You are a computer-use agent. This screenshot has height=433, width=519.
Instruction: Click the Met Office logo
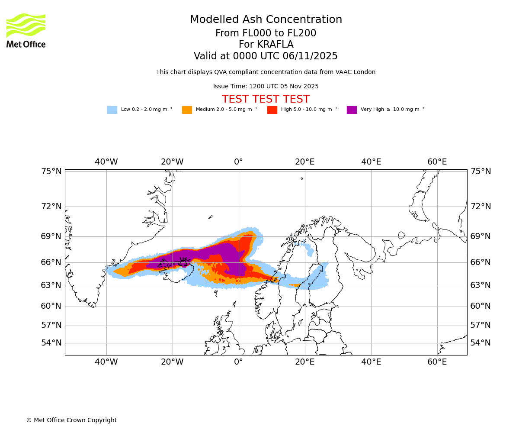click(26, 30)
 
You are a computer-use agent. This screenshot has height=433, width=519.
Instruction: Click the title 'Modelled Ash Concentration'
click(266, 20)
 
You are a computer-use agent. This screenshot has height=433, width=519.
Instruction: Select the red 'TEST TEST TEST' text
click(266, 99)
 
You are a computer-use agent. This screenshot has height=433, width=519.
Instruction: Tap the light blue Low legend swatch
click(112, 110)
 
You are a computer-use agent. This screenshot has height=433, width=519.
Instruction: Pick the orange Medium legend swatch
click(187, 110)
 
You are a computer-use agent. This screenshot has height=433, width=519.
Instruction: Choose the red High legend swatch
click(272, 110)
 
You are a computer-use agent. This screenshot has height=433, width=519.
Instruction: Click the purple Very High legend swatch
click(352, 110)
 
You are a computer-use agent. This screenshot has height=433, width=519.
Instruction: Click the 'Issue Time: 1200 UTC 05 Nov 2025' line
click(266, 87)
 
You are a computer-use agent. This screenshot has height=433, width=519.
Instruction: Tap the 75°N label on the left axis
click(51, 171)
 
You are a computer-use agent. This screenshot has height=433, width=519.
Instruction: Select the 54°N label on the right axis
click(481, 343)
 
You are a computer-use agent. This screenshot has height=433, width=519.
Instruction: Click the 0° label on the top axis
click(238, 162)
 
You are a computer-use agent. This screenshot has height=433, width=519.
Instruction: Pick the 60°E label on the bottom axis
click(437, 362)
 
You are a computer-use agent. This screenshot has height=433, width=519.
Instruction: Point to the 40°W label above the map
click(106, 162)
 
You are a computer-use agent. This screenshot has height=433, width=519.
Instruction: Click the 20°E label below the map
click(304, 362)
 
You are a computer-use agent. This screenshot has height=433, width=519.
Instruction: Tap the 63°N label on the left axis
click(51, 285)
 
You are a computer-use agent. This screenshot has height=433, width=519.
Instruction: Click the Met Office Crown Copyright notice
click(71, 420)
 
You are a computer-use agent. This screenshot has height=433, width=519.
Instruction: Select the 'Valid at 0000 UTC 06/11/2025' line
click(266, 56)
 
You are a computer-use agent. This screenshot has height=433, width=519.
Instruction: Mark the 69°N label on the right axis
click(481, 236)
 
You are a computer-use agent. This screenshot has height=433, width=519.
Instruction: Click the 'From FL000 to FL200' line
click(266, 33)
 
